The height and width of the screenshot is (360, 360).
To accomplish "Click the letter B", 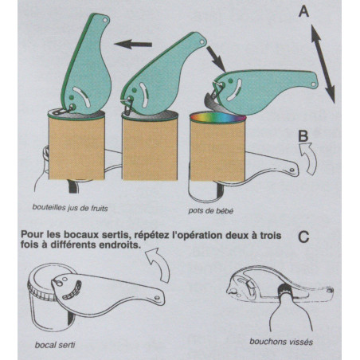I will pyautogui.click(x=303, y=136).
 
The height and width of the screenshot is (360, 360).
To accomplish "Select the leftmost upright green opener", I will pyautogui.click(x=90, y=64).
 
